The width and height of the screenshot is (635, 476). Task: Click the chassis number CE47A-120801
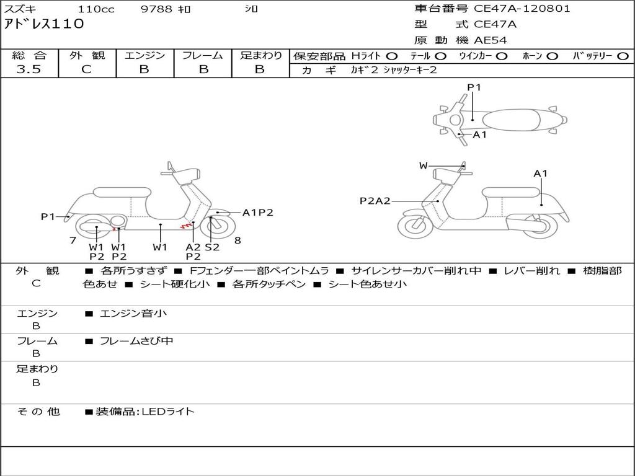coord(522,9)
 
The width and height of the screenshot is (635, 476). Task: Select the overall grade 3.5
coord(29,69)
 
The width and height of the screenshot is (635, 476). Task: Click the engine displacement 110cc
coord(96,9)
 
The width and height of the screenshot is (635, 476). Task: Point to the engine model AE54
coord(491,41)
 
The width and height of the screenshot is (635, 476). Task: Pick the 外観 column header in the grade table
coord(87,56)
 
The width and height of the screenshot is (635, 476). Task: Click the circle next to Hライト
coord(392,56)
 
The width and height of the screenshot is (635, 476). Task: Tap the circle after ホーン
coord(552,56)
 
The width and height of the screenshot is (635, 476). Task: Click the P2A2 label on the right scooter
coord(375,201)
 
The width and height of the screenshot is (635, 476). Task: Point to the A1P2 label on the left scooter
coord(257,213)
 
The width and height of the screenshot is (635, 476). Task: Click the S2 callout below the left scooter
coord(212,247)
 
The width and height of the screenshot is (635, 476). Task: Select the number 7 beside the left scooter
coord(73,240)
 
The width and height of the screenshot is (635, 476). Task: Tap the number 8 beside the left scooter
coord(238,240)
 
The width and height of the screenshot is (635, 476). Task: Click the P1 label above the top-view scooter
coord(474,87)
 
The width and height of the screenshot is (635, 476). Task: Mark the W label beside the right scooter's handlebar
coord(423,165)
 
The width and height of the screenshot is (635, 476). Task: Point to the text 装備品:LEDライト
coord(144,411)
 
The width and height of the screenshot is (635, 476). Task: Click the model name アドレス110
coord(44,25)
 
